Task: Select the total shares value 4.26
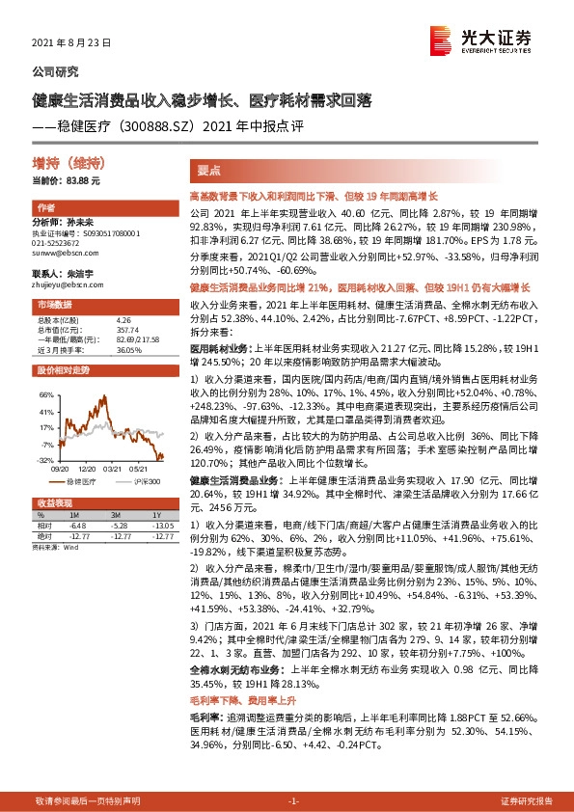123,319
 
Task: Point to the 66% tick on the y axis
45,395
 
